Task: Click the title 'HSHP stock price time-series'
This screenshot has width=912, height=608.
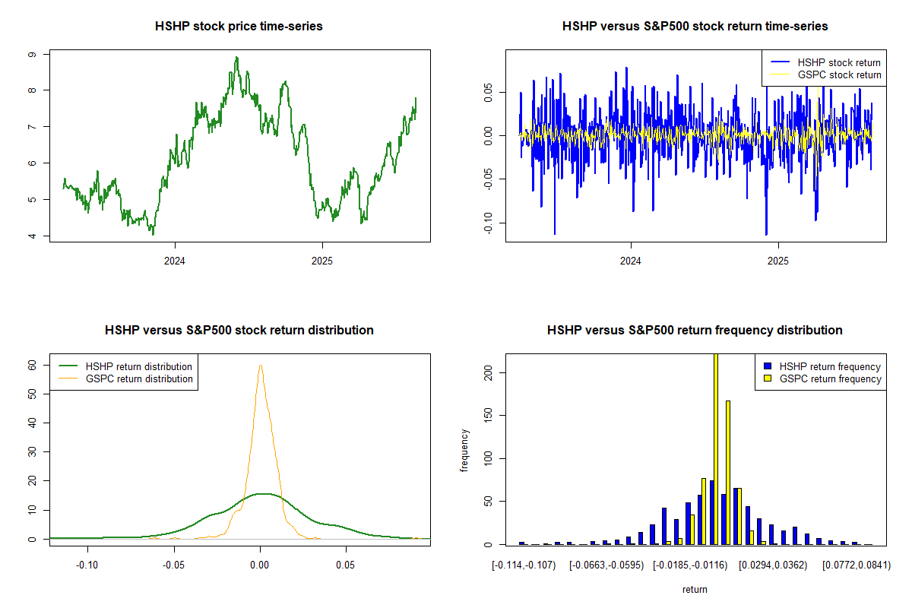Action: tap(239, 27)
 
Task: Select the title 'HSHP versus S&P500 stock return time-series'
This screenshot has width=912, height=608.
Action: tap(695, 27)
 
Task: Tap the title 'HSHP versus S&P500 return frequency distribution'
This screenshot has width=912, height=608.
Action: tap(695, 331)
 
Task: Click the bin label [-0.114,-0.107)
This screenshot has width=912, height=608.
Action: tap(524, 565)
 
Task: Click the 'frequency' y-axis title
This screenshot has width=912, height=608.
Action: tap(465, 451)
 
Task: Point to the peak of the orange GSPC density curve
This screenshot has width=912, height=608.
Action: tap(260, 365)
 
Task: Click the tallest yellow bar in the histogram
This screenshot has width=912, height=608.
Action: tap(715, 448)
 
